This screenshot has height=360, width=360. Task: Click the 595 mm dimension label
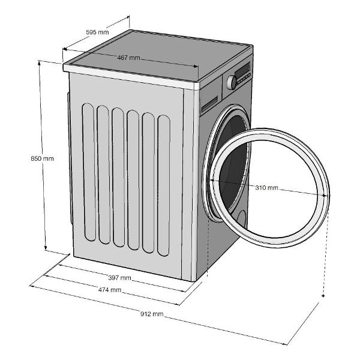(97, 32)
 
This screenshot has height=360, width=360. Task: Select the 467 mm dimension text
(128, 58)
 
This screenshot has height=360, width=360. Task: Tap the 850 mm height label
(42, 158)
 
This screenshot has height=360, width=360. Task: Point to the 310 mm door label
(266, 188)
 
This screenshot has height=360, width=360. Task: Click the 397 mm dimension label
(119, 278)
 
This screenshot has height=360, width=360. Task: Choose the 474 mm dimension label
(110, 290)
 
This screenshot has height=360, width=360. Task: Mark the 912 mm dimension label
(152, 314)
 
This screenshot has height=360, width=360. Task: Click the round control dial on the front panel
(232, 82)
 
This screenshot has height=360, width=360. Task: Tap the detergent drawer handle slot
(209, 104)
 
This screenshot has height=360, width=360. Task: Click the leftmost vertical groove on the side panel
(89, 172)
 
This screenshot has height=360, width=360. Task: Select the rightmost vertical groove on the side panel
(164, 185)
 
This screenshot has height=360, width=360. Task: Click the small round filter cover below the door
(241, 219)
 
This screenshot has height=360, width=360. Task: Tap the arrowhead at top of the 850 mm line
(39, 63)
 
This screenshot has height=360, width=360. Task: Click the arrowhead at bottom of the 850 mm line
(46, 248)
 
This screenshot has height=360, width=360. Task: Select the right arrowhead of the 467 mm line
(196, 67)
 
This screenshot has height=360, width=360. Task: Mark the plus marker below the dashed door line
(323, 296)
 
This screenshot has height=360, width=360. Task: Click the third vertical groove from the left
(118, 177)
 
